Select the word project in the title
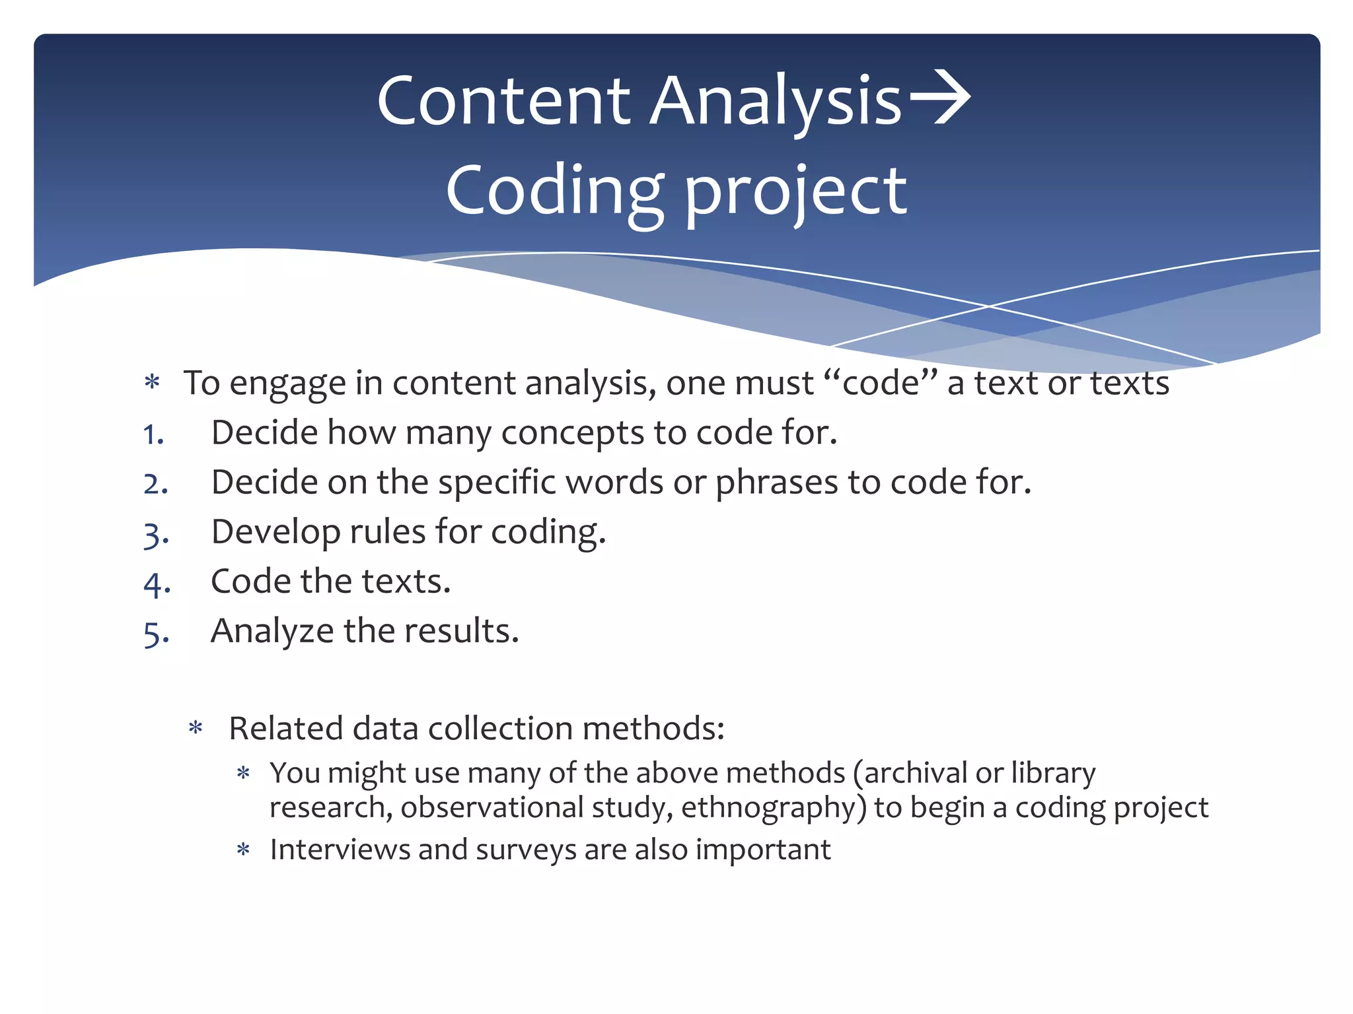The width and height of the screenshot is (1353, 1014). point(795,192)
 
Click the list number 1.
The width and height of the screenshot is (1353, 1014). point(153,435)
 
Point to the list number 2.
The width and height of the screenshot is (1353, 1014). point(155,485)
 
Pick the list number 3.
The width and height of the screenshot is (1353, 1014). point(155,534)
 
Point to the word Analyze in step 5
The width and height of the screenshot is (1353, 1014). point(272,632)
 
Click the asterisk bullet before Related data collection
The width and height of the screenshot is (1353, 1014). point(196,729)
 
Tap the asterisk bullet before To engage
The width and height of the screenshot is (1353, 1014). point(153,383)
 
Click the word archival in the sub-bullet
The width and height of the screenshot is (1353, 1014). point(912,773)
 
